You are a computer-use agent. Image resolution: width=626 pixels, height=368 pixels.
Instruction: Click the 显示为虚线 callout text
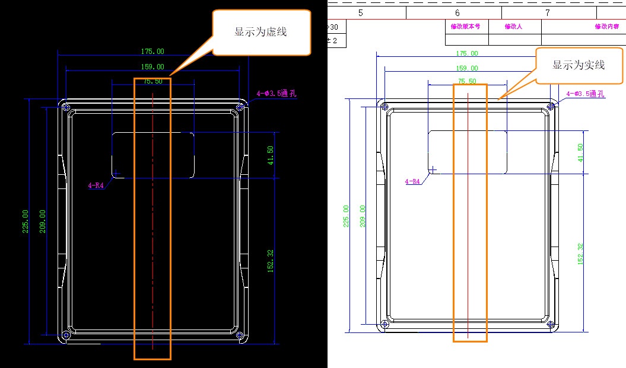[260, 32]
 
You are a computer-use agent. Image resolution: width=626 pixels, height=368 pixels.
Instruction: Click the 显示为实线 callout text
[579, 65]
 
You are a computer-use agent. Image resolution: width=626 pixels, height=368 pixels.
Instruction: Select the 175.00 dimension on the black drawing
[152, 52]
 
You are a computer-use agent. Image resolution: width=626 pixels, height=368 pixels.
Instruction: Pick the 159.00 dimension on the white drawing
[467, 68]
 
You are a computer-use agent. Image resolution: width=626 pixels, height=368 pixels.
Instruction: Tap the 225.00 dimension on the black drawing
[26, 221]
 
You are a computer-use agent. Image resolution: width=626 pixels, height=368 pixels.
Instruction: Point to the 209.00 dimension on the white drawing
[363, 216]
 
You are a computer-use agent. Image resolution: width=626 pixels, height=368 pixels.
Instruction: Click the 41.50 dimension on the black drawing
[271, 155]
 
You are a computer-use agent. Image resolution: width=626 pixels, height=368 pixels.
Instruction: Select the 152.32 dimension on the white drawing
[580, 254]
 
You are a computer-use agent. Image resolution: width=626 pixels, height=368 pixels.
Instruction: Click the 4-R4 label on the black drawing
[96, 185]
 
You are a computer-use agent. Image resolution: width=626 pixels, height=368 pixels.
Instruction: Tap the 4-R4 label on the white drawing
[412, 181]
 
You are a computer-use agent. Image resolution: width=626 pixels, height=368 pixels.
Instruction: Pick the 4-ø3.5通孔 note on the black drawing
[277, 93]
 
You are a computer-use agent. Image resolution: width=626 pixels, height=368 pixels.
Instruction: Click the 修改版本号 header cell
[466, 26]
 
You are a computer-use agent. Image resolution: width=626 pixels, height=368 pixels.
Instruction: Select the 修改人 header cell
[513, 26]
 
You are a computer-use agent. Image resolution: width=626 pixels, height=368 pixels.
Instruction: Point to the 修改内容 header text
[607, 26]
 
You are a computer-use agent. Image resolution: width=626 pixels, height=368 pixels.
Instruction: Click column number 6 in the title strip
[457, 13]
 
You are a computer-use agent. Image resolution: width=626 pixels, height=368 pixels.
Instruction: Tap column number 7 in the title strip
[548, 13]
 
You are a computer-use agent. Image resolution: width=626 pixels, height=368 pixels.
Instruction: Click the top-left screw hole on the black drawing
[66, 108]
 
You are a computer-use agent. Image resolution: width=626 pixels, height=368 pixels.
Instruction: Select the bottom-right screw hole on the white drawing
[551, 325]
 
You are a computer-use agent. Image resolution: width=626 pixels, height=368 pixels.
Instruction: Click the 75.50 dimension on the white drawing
[467, 81]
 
